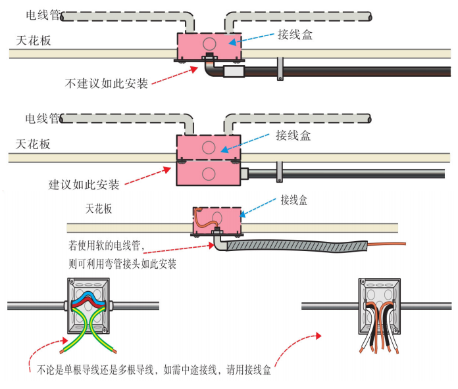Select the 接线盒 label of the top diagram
[x=295, y=34]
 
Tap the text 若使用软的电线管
[x=106, y=247]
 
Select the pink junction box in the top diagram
[x=208, y=45]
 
